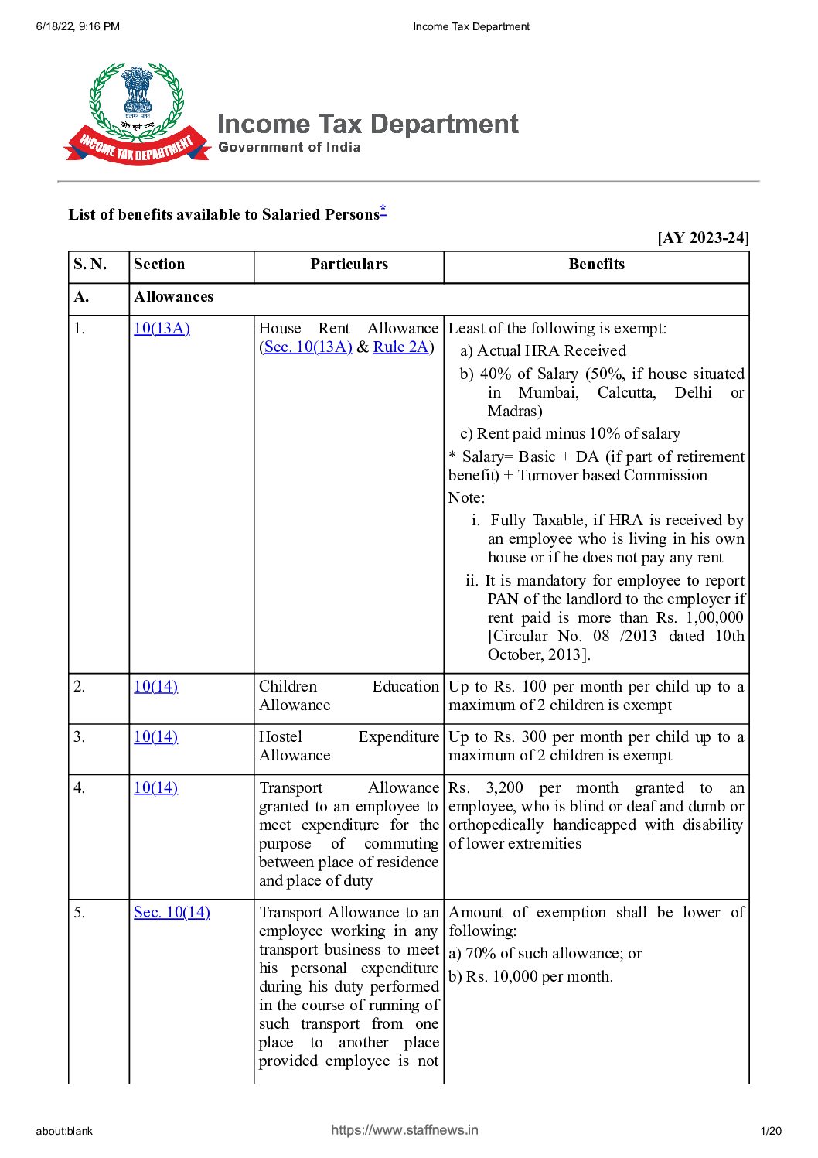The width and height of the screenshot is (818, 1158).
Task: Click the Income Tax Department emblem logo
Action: pos(137,113)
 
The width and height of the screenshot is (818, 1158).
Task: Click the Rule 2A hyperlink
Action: pos(400,347)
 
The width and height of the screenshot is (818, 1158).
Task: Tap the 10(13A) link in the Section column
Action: pos(162,328)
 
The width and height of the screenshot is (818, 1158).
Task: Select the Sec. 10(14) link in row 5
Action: pos(172,913)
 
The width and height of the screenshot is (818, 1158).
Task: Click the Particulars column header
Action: pos(349,265)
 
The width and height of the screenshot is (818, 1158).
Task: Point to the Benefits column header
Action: pos(596,265)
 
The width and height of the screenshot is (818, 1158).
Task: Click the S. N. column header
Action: pos(90,265)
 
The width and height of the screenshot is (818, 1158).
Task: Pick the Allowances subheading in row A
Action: pos(173,297)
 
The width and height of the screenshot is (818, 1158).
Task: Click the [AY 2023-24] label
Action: pos(703,237)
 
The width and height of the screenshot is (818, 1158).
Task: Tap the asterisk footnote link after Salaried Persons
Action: pos(383,210)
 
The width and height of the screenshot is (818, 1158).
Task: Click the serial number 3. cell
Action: pos(80,737)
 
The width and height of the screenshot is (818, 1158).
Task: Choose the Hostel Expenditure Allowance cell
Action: pos(348,746)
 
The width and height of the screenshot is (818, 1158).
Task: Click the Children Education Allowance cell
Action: pos(348,696)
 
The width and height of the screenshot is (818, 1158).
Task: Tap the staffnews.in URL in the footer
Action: pos(404,1130)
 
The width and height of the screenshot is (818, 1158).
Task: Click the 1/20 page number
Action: pos(771,1132)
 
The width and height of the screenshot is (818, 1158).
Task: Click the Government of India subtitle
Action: pos(289,147)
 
